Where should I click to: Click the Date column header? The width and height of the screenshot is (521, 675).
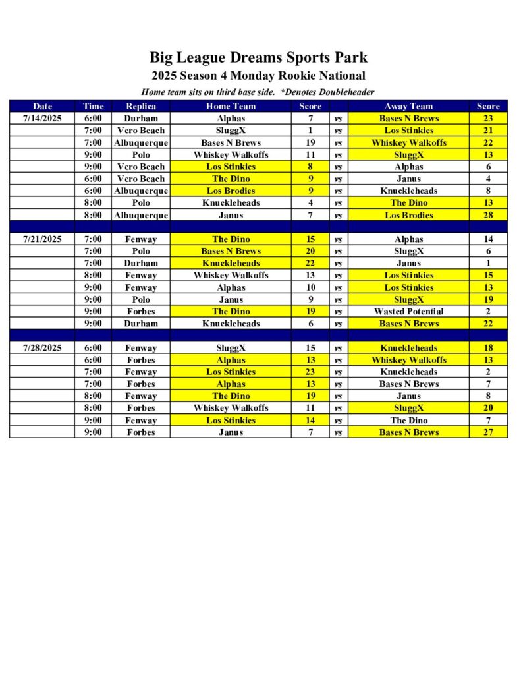42,106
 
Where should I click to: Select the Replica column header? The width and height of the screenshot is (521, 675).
140,106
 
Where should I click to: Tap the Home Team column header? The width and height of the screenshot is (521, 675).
231,106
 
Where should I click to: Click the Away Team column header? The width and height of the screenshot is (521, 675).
408,106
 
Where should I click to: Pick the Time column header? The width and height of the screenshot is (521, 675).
93,106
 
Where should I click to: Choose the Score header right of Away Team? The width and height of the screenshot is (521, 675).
488,106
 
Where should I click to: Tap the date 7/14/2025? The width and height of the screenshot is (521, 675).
42,119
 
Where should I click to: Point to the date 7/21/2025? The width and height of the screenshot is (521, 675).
42,239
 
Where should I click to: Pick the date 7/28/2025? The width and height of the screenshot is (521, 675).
42,348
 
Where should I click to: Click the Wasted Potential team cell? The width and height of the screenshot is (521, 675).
408,312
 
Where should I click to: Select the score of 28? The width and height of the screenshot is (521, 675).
488,215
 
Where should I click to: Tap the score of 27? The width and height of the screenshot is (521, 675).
488,432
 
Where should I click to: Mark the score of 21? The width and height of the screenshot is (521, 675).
488,131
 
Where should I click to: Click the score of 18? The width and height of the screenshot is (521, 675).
488,348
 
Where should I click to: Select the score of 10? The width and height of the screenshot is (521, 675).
310,287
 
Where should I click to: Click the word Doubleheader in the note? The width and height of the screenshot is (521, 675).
343,92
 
